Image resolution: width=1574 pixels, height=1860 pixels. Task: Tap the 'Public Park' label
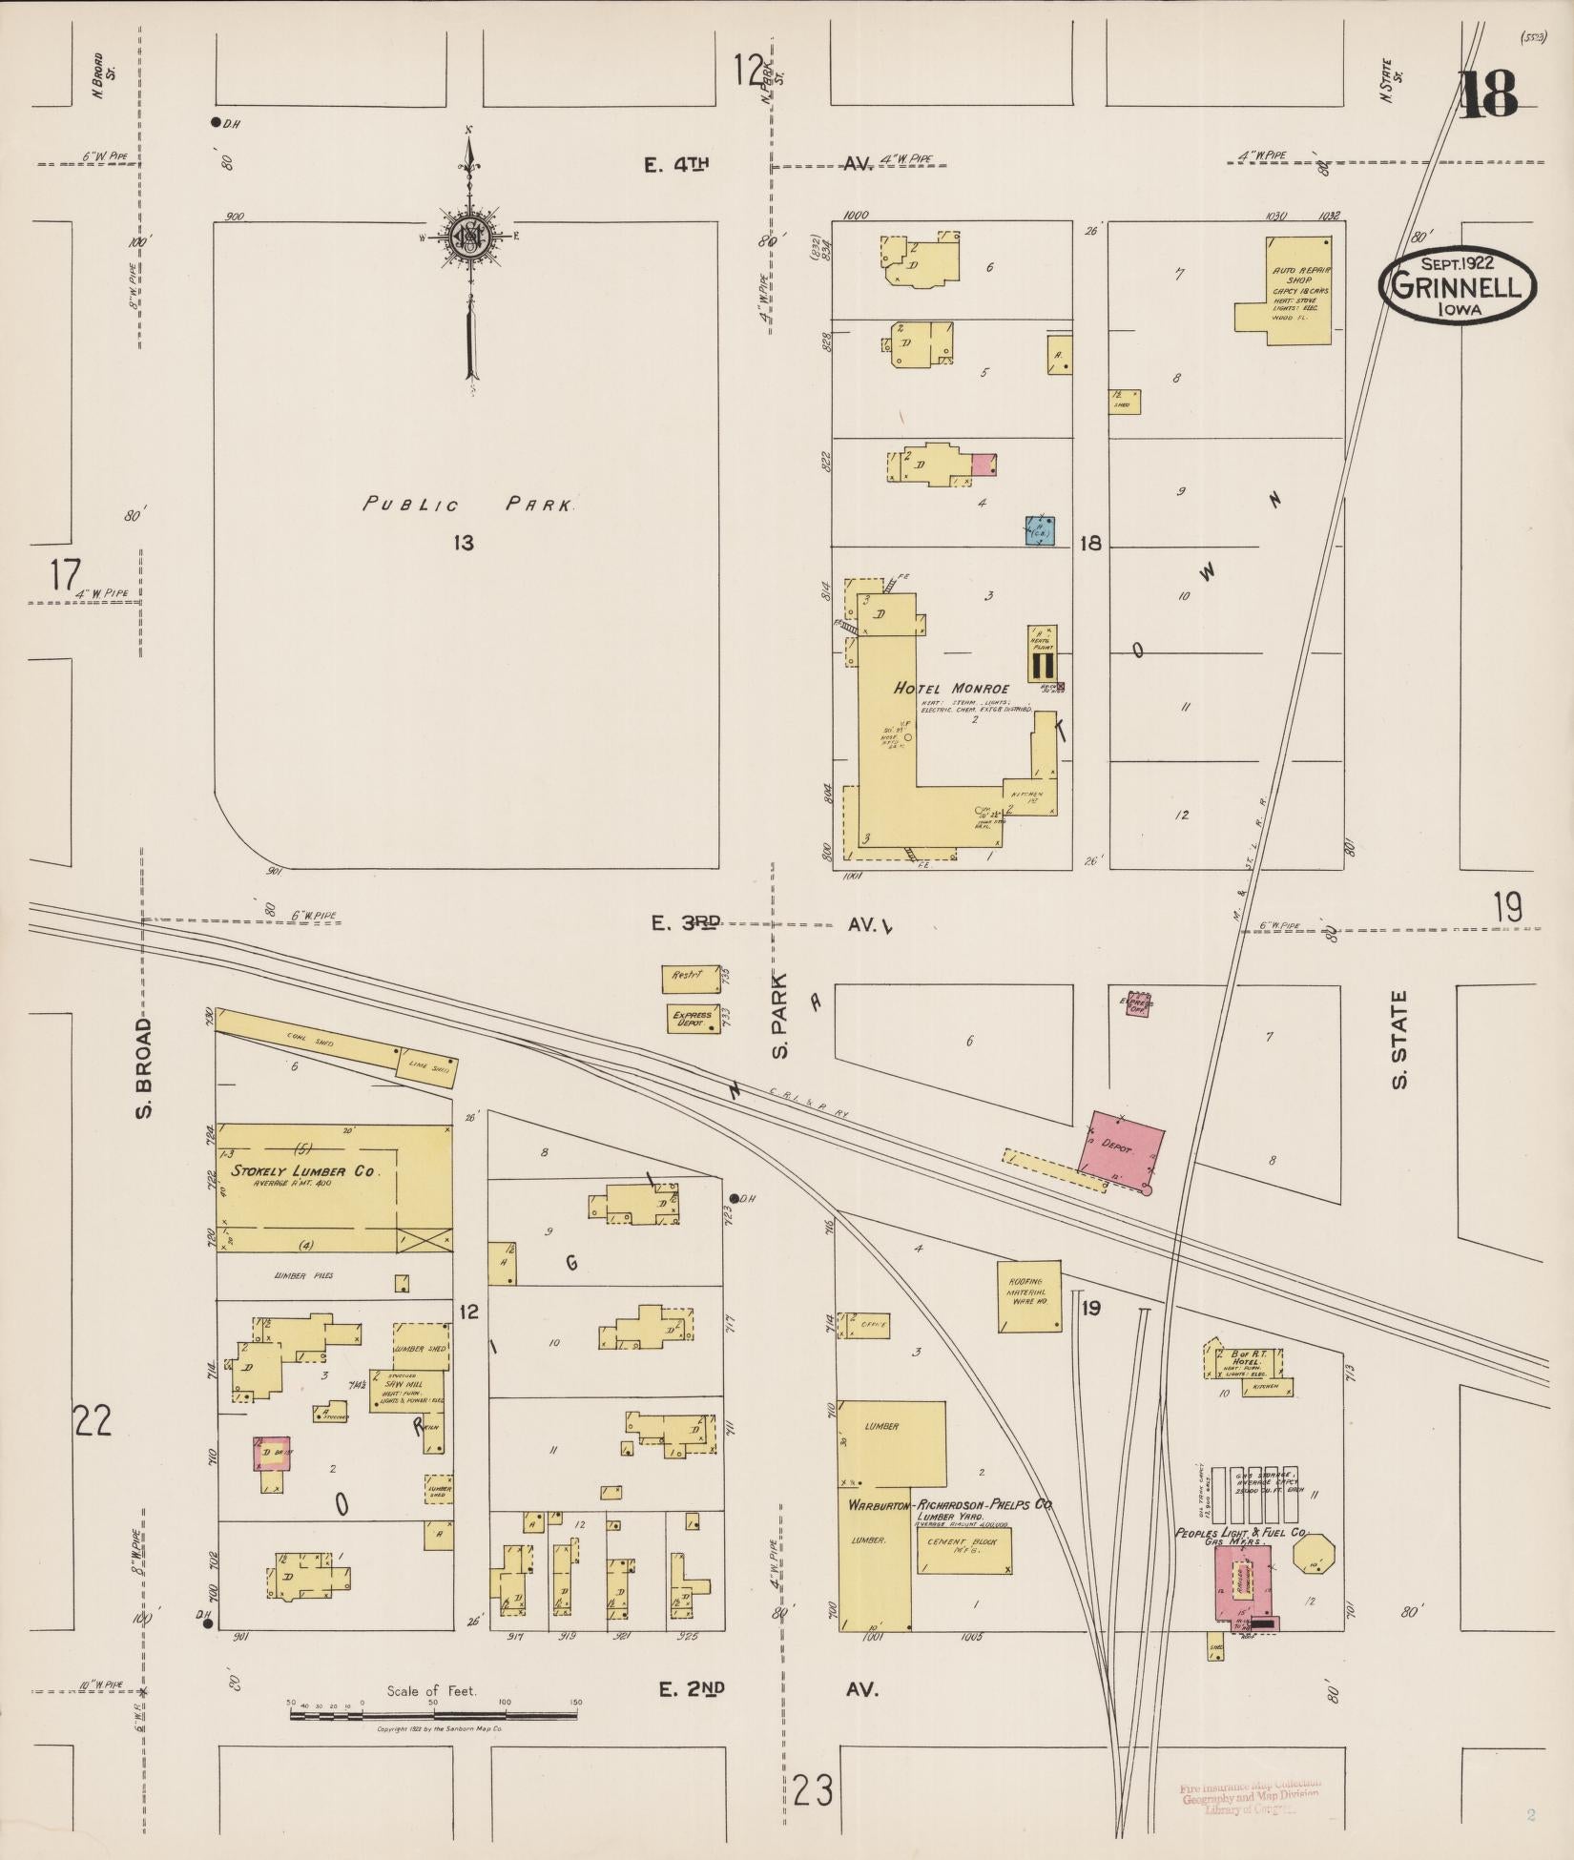[468, 505]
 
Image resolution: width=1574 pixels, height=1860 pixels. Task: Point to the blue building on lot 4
[1039, 530]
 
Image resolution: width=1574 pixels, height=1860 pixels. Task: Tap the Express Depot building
[692, 1019]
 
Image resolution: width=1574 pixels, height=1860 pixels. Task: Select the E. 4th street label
[679, 165]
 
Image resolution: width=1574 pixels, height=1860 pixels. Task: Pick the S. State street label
[1399, 1039]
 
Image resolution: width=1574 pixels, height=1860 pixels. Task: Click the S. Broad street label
[143, 1067]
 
